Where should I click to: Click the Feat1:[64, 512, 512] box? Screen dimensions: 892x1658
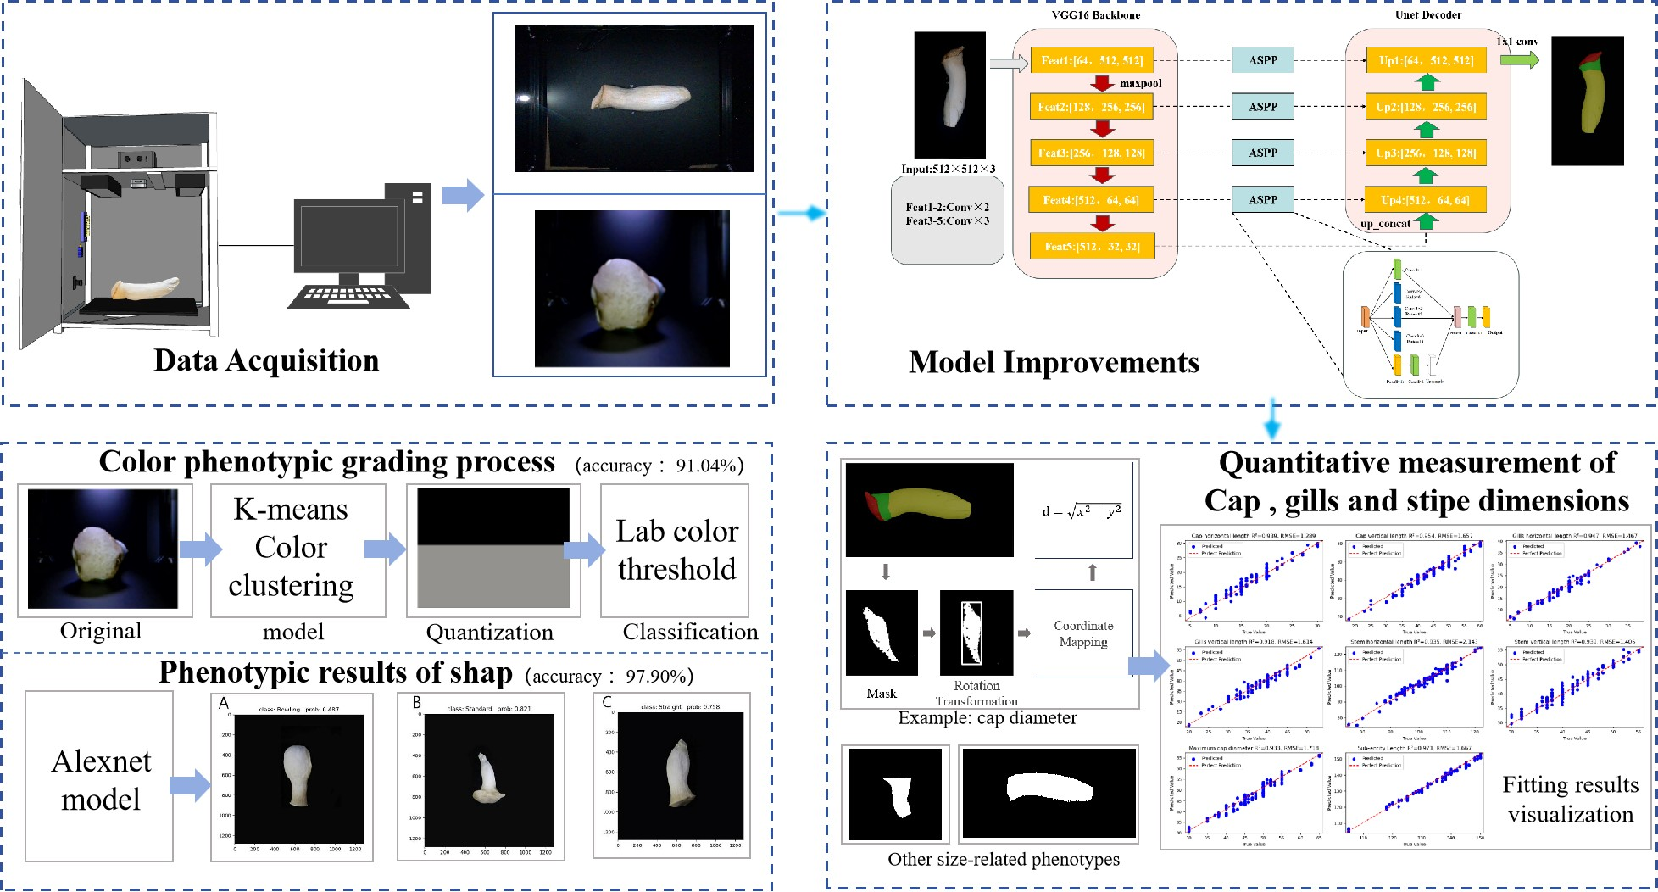point(1092,60)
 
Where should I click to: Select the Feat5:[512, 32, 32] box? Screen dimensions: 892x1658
point(1092,246)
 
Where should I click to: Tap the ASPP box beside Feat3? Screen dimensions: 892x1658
point(1262,153)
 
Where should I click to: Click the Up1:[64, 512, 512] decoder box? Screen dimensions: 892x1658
point(1426,60)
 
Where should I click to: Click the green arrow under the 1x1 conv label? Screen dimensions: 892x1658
point(1519,60)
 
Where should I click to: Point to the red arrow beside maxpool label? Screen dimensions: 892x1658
point(1102,83)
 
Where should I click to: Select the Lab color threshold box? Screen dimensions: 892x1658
point(676,549)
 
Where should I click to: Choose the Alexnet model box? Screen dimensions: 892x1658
point(101,779)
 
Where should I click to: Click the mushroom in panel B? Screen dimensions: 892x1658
point(487,778)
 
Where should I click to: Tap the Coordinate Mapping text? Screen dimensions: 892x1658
point(1083,633)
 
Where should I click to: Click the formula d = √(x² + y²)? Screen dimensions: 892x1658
point(1082,511)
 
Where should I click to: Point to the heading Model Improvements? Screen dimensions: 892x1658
point(1054,362)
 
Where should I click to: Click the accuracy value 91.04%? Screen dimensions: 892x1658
point(709,466)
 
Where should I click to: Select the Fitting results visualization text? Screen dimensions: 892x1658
point(1570,799)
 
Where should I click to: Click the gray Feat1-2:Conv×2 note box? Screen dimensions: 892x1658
point(947,218)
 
